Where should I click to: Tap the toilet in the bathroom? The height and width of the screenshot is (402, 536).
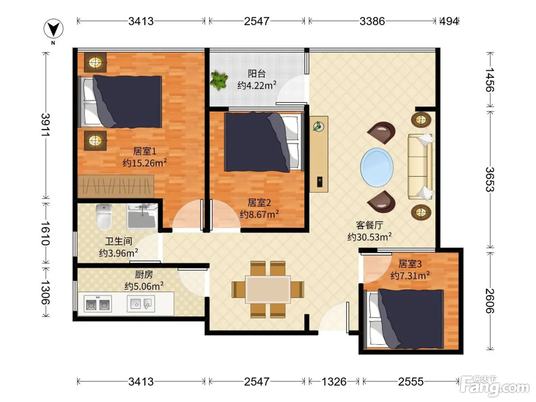(x=104, y=217)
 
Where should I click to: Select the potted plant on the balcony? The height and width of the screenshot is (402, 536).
(x=219, y=80)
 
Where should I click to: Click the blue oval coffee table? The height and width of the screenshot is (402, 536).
(x=377, y=167)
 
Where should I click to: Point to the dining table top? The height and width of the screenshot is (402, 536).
(x=268, y=289)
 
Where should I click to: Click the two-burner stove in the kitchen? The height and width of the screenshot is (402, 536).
(x=98, y=304)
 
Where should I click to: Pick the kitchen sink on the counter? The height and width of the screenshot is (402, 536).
(x=141, y=304)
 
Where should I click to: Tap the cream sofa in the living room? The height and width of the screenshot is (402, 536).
(x=420, y=167)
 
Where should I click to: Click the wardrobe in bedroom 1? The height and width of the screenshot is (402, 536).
(x=116, y=186)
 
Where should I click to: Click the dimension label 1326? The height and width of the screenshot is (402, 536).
(x=334, y=382)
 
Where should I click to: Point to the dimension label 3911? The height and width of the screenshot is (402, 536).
(x=46, y=125)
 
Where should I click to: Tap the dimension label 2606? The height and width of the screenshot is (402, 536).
(x=490, y=301)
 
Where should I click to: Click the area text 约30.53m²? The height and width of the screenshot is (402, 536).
(x=369, y=237)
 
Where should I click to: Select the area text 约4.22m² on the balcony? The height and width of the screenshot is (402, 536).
(x=257, y=85)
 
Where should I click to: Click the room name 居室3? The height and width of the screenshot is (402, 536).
(x=410, y=264)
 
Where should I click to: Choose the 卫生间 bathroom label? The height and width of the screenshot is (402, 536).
(x=119, y=241)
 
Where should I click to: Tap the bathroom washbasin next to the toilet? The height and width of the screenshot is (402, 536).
(x=142, y=216)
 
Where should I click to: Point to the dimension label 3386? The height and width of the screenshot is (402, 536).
(x=372, y=21)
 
